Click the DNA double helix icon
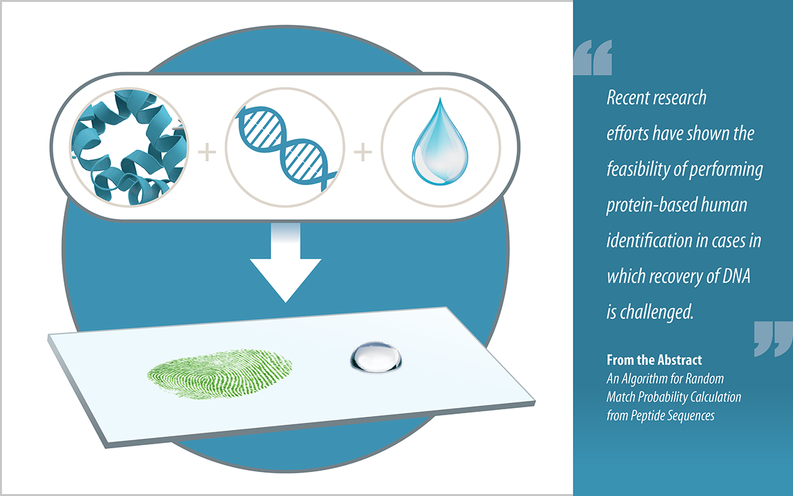pos(285,151)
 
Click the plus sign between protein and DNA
pos(208,153)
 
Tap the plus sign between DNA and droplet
pos(362,153)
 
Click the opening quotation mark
pos(593,58)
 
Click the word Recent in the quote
pos(628,99)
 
